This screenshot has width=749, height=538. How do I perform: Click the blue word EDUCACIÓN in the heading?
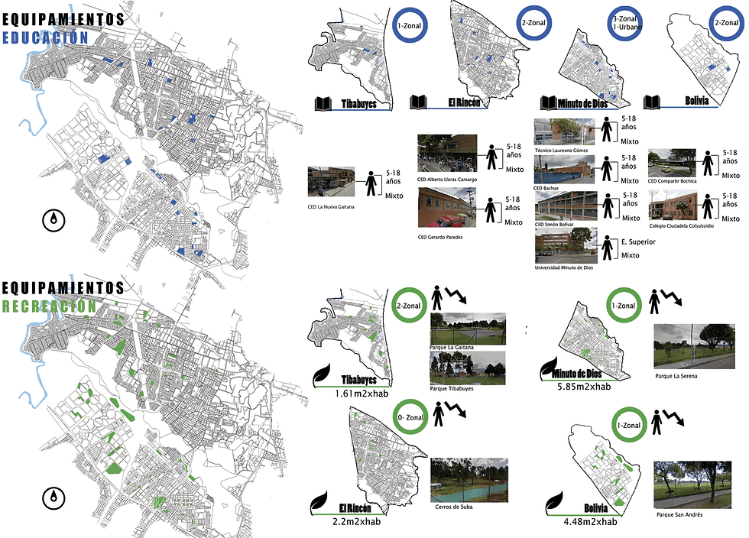tap(46, 36)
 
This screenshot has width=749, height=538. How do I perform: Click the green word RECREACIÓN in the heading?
tap(49, 306)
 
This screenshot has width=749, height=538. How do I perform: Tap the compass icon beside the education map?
tap(53, 221)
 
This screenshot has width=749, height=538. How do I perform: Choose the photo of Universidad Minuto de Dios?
tap(566, 245)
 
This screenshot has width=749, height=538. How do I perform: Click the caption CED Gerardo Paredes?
tap(440, 237)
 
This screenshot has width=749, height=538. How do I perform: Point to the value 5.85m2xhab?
tap(585, 387)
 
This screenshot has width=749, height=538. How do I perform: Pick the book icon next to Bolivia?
tap(652, 102)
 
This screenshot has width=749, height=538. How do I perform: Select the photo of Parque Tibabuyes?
tap(468, 368)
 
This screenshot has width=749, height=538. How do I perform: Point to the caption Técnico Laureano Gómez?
tap(566, 151)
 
